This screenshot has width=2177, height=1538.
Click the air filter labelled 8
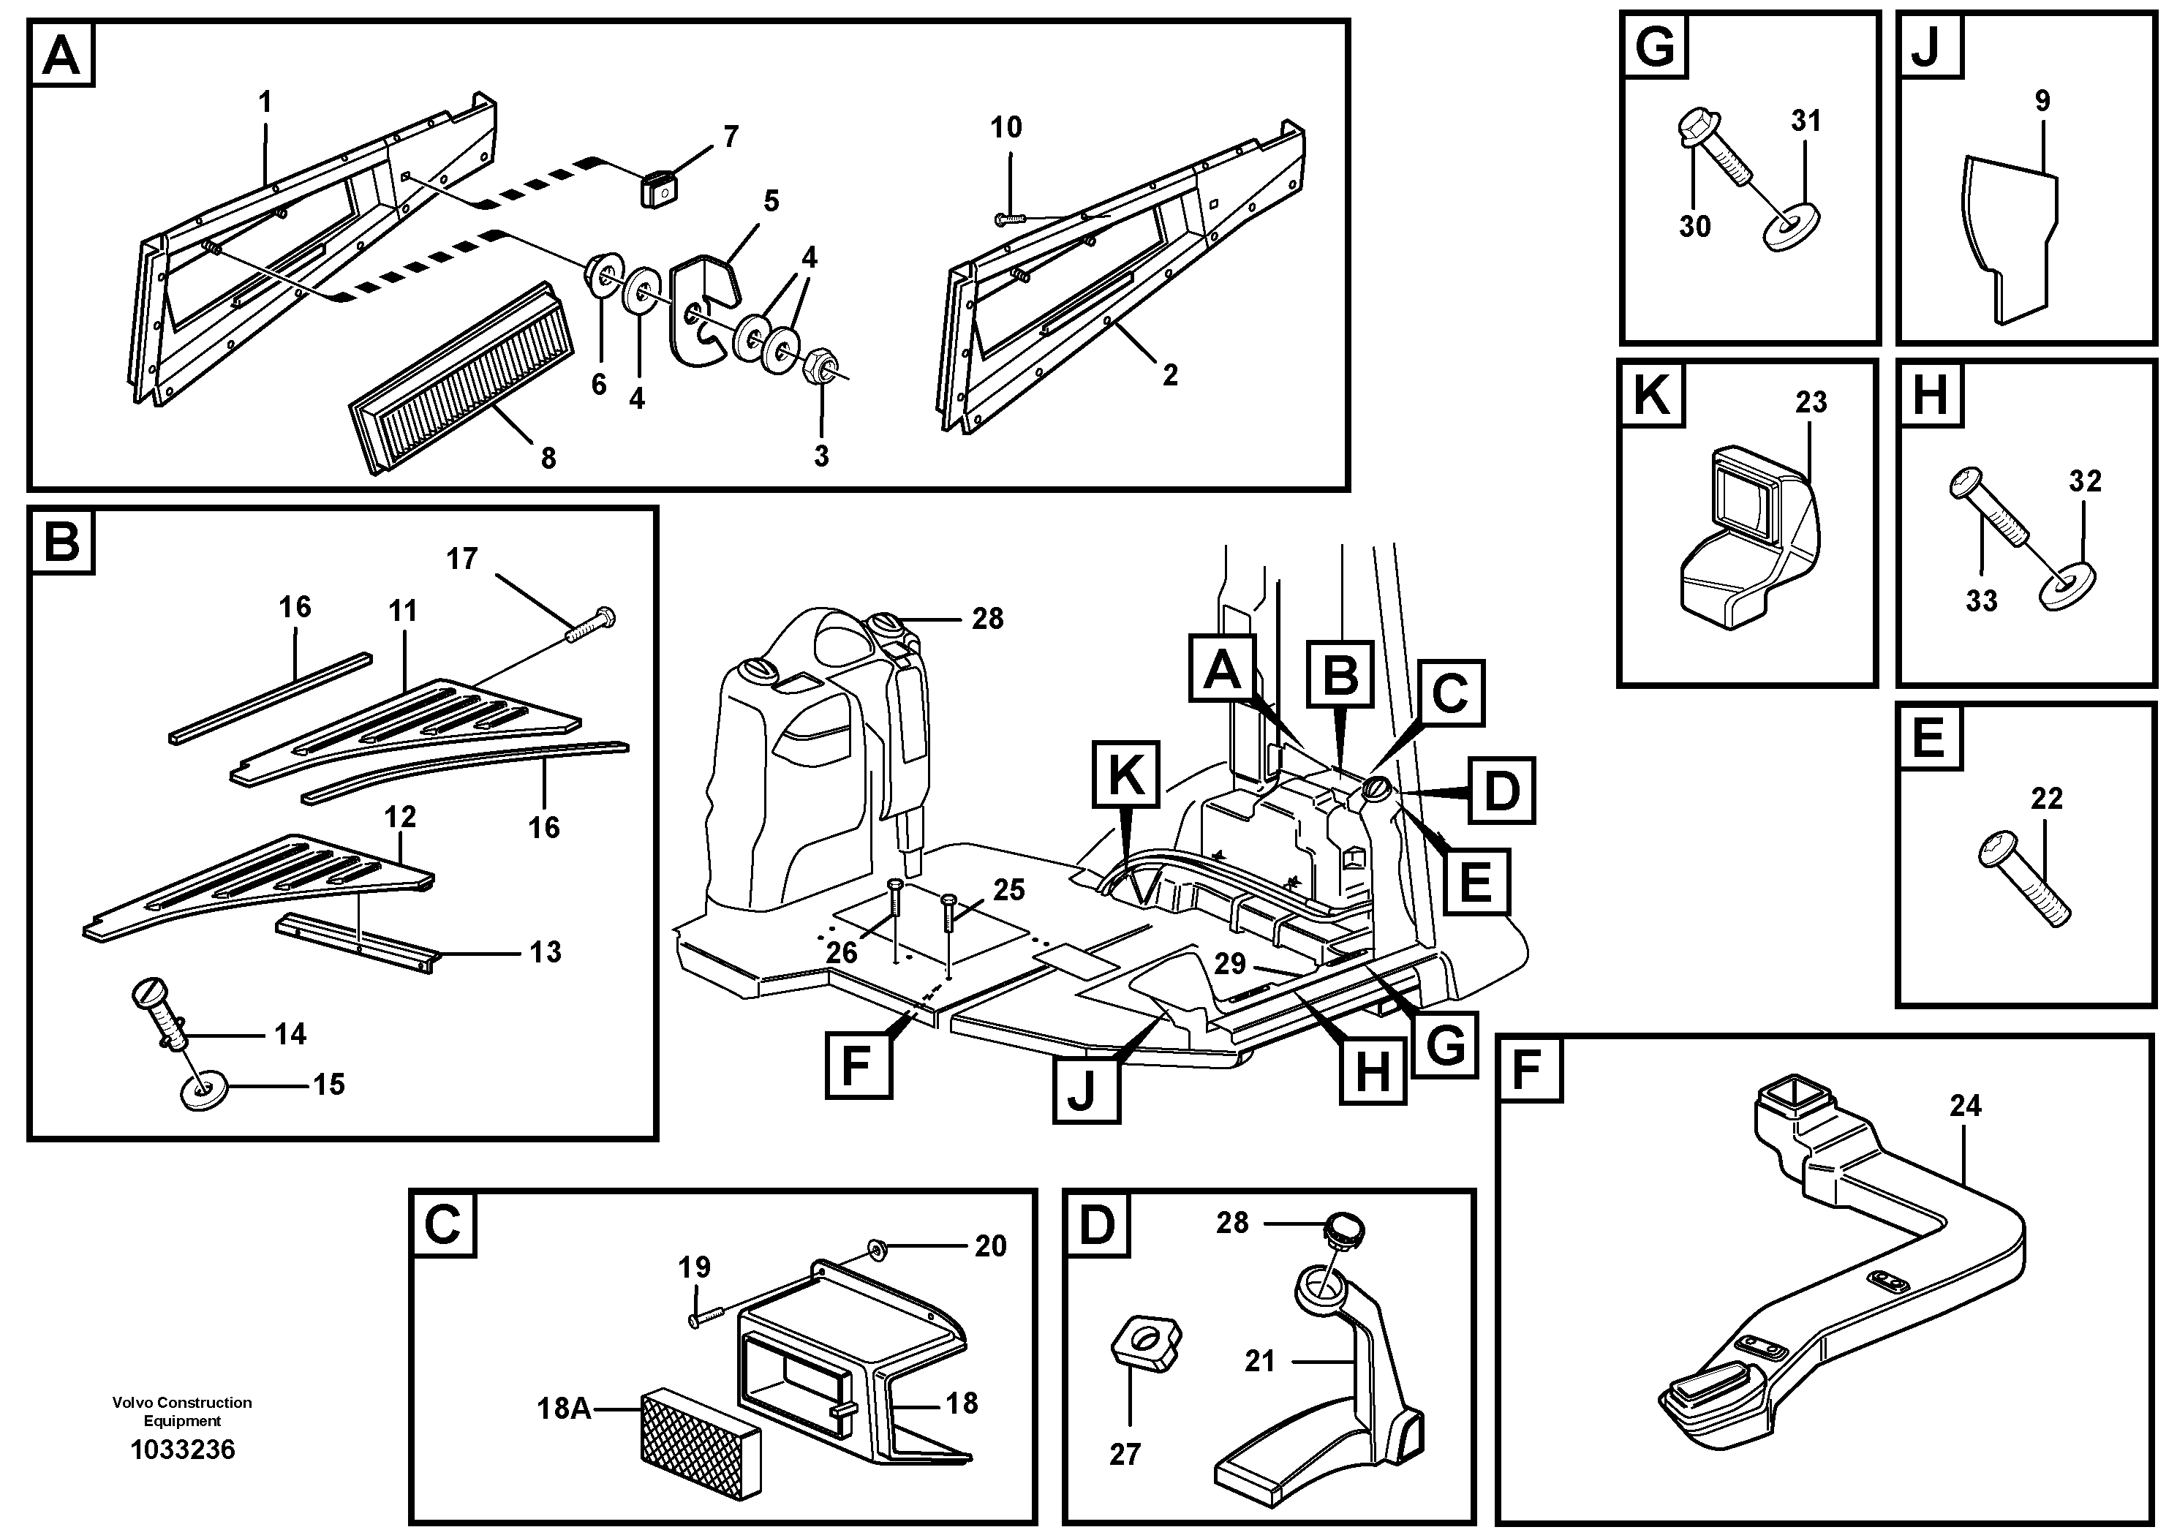[x=461, y=380]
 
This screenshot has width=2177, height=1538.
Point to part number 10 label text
[x=1006, y=127]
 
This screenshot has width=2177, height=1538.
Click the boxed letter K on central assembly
[x=1125, y=774]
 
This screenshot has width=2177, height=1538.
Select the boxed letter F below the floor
[x=857, y=1065]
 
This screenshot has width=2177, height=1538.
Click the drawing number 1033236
[x=182, y=1450]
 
